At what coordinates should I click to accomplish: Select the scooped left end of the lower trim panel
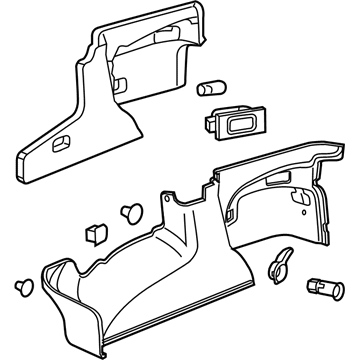56,280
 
